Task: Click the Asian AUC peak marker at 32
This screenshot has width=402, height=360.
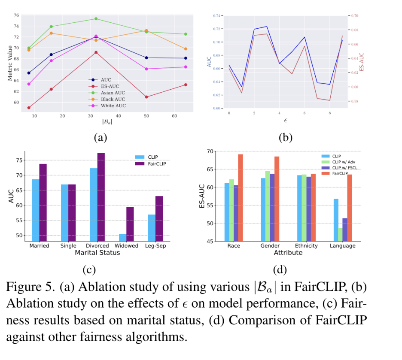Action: click(96, 19)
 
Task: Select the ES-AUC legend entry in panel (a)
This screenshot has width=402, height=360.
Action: click(107, 86)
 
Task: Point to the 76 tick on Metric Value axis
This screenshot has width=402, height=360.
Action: click(16, 15)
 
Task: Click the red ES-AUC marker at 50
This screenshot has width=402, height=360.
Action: click(146, 97)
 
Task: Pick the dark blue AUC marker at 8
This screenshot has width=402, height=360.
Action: click(29, 73)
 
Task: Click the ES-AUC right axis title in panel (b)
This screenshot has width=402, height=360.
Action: click(361, 62)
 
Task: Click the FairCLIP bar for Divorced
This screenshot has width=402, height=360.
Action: click(100, 197)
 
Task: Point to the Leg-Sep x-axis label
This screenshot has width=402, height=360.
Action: click(155, 246)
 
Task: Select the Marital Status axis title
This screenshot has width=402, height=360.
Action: click(97, 253)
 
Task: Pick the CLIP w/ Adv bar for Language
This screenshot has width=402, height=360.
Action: click(341, 235)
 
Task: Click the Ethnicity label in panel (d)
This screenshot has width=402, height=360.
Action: click(306, 246)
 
